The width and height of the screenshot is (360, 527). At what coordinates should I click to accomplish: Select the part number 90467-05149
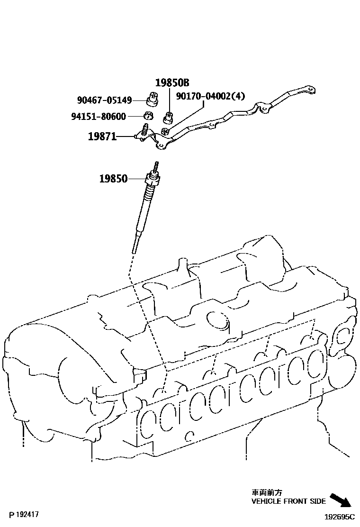click(104, 100)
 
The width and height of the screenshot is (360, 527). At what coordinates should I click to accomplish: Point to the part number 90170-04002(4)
click(210, 96)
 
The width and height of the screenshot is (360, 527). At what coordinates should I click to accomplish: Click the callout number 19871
click(102, 137)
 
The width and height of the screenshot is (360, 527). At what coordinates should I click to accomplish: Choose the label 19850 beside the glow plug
click(113, 179)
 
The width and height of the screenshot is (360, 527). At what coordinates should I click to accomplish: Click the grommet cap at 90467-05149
click(152, 100)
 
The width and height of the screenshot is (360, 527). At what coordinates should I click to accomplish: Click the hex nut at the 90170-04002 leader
click(165, 131)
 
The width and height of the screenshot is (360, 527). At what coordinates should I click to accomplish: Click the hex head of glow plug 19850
click(153, 180)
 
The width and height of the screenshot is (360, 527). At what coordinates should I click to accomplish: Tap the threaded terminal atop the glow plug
click(155, 167)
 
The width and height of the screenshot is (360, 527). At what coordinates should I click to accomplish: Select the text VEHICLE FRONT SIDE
click(288, 501)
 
